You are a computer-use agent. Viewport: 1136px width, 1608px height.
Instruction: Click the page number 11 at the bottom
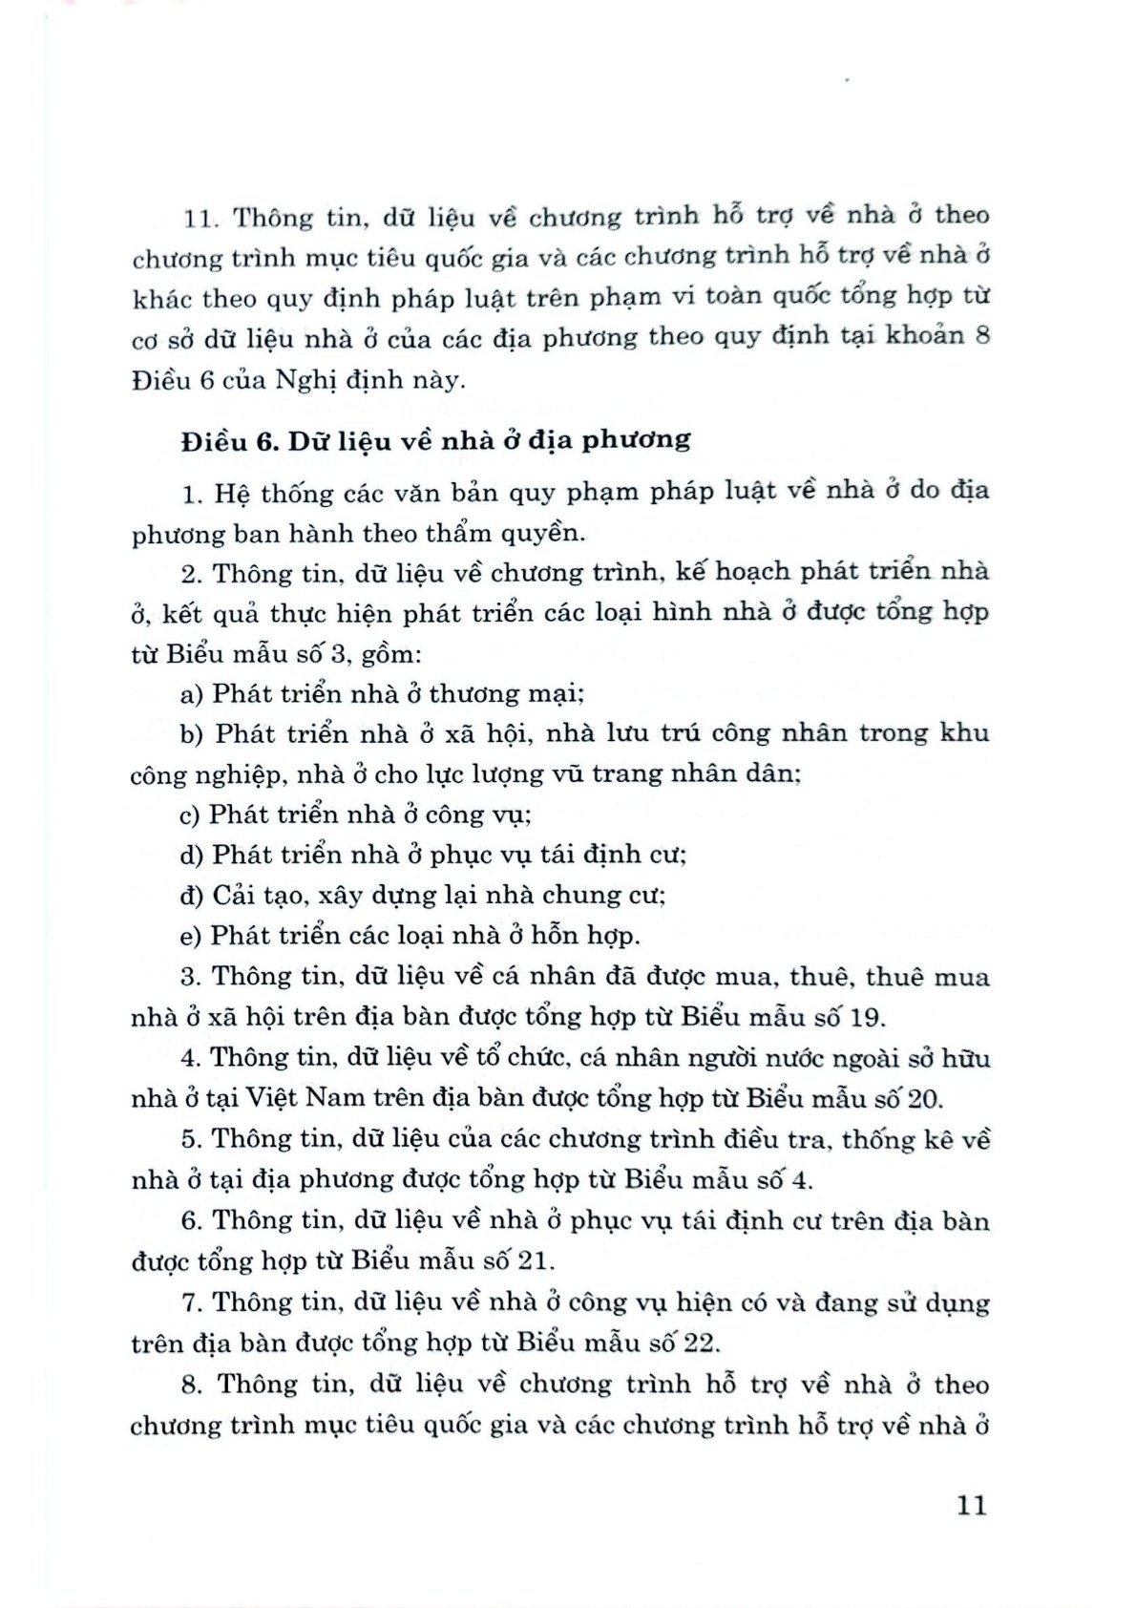(x=970, y=1506)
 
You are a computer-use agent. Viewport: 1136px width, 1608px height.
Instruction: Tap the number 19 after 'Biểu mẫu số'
(x=867, y=1017)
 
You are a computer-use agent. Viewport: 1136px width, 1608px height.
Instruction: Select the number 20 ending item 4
(x=923, y=1098)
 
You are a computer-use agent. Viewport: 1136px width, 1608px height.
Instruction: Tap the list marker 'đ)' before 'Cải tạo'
(x=192, y=896)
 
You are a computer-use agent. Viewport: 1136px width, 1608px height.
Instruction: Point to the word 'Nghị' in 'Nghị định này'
(x=305, y=380)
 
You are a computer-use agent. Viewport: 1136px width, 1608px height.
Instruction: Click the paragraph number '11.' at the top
(x=201, y=218)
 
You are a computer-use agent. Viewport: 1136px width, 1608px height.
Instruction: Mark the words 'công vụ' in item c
(x=478, y=815)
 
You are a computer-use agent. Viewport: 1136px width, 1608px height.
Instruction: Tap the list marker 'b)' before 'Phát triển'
(x=193, y=733)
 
